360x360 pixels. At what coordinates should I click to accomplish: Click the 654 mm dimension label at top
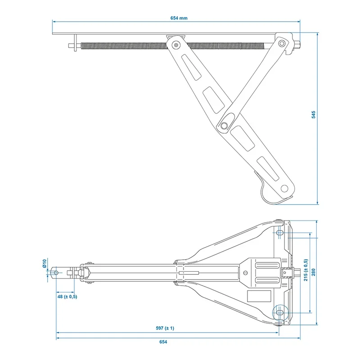pos(179,18)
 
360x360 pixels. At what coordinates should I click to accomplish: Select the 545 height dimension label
pos(313,115)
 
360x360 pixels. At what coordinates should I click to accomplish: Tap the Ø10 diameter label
pos(45,263)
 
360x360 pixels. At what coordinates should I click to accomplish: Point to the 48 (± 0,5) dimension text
pos(67,297)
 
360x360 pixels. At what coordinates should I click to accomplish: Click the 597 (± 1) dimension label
pos(165,328)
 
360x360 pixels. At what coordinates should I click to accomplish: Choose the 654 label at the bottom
pos(163,342)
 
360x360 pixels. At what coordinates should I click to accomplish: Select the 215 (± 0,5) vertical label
pos(306,270)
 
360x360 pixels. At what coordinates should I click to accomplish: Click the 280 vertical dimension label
pos(313,272)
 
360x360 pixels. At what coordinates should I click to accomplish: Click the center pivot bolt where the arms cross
pos(224,126)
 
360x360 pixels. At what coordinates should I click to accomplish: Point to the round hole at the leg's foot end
pos(284,189)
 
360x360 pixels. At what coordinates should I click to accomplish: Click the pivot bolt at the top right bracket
pos(282,43)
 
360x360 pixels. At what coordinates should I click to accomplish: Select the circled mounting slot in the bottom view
pos(279,312)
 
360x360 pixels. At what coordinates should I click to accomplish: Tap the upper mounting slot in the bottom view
pos(279,233)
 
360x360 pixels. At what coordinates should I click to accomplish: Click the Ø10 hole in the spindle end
pos(56,273)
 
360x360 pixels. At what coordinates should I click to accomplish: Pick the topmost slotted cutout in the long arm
pos(191,67)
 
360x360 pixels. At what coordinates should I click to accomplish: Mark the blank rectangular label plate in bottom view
pos(259,296)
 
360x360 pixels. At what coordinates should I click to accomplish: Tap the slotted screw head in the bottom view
pos(245,273)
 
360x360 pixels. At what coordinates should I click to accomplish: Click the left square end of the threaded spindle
pos(71,46)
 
